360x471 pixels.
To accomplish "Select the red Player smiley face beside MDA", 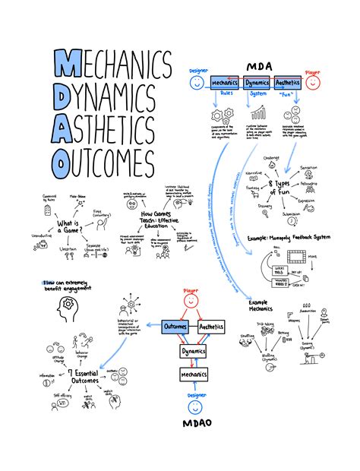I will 312,81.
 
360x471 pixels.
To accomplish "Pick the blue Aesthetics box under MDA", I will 289,81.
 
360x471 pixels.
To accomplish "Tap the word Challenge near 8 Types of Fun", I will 272,159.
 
